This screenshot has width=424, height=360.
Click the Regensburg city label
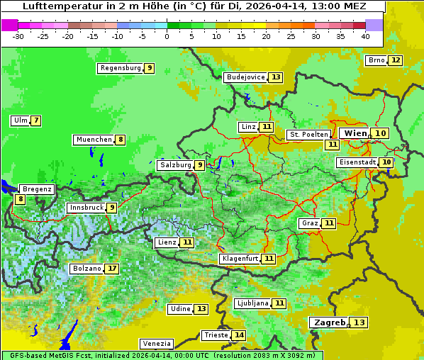click(121, 68)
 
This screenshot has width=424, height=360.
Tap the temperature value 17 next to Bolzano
click(112, 269)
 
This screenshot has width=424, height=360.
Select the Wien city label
click(355, 133)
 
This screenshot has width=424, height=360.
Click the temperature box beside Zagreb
click(360, 323)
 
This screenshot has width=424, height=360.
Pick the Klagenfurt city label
click(240, 259)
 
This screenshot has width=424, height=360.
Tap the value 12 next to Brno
click(395, 60)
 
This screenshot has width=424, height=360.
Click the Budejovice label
click(245, 77)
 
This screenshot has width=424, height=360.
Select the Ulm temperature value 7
click(35, 120)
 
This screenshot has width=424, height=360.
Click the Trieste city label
click(216, 335)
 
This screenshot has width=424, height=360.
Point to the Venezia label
click(156, 344)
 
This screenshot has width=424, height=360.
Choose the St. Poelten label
click(308, 135)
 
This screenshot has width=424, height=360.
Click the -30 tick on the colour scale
click(18, 36)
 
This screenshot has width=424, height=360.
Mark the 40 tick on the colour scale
click(365, 36)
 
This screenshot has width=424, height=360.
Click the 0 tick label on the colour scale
click(167, 36)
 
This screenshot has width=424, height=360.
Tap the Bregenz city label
click(37, 189)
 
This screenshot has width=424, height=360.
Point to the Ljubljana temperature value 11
click(279, 303)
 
